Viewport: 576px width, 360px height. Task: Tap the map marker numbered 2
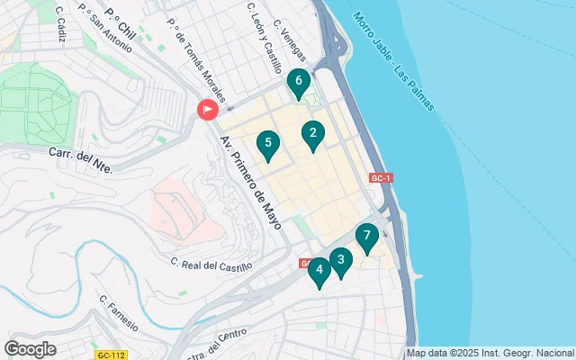click(x=312, y=135)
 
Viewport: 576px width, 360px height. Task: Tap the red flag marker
click(x=207, y=111)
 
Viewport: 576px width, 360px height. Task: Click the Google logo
click(x=31, y=349)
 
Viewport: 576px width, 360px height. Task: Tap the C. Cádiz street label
click(x=60, y=29)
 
